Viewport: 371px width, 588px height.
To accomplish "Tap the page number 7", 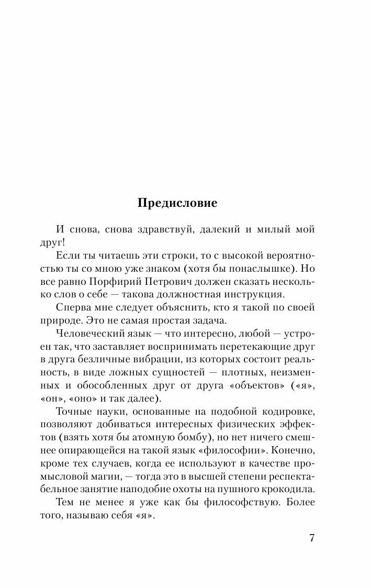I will click(x=312, y=539).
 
